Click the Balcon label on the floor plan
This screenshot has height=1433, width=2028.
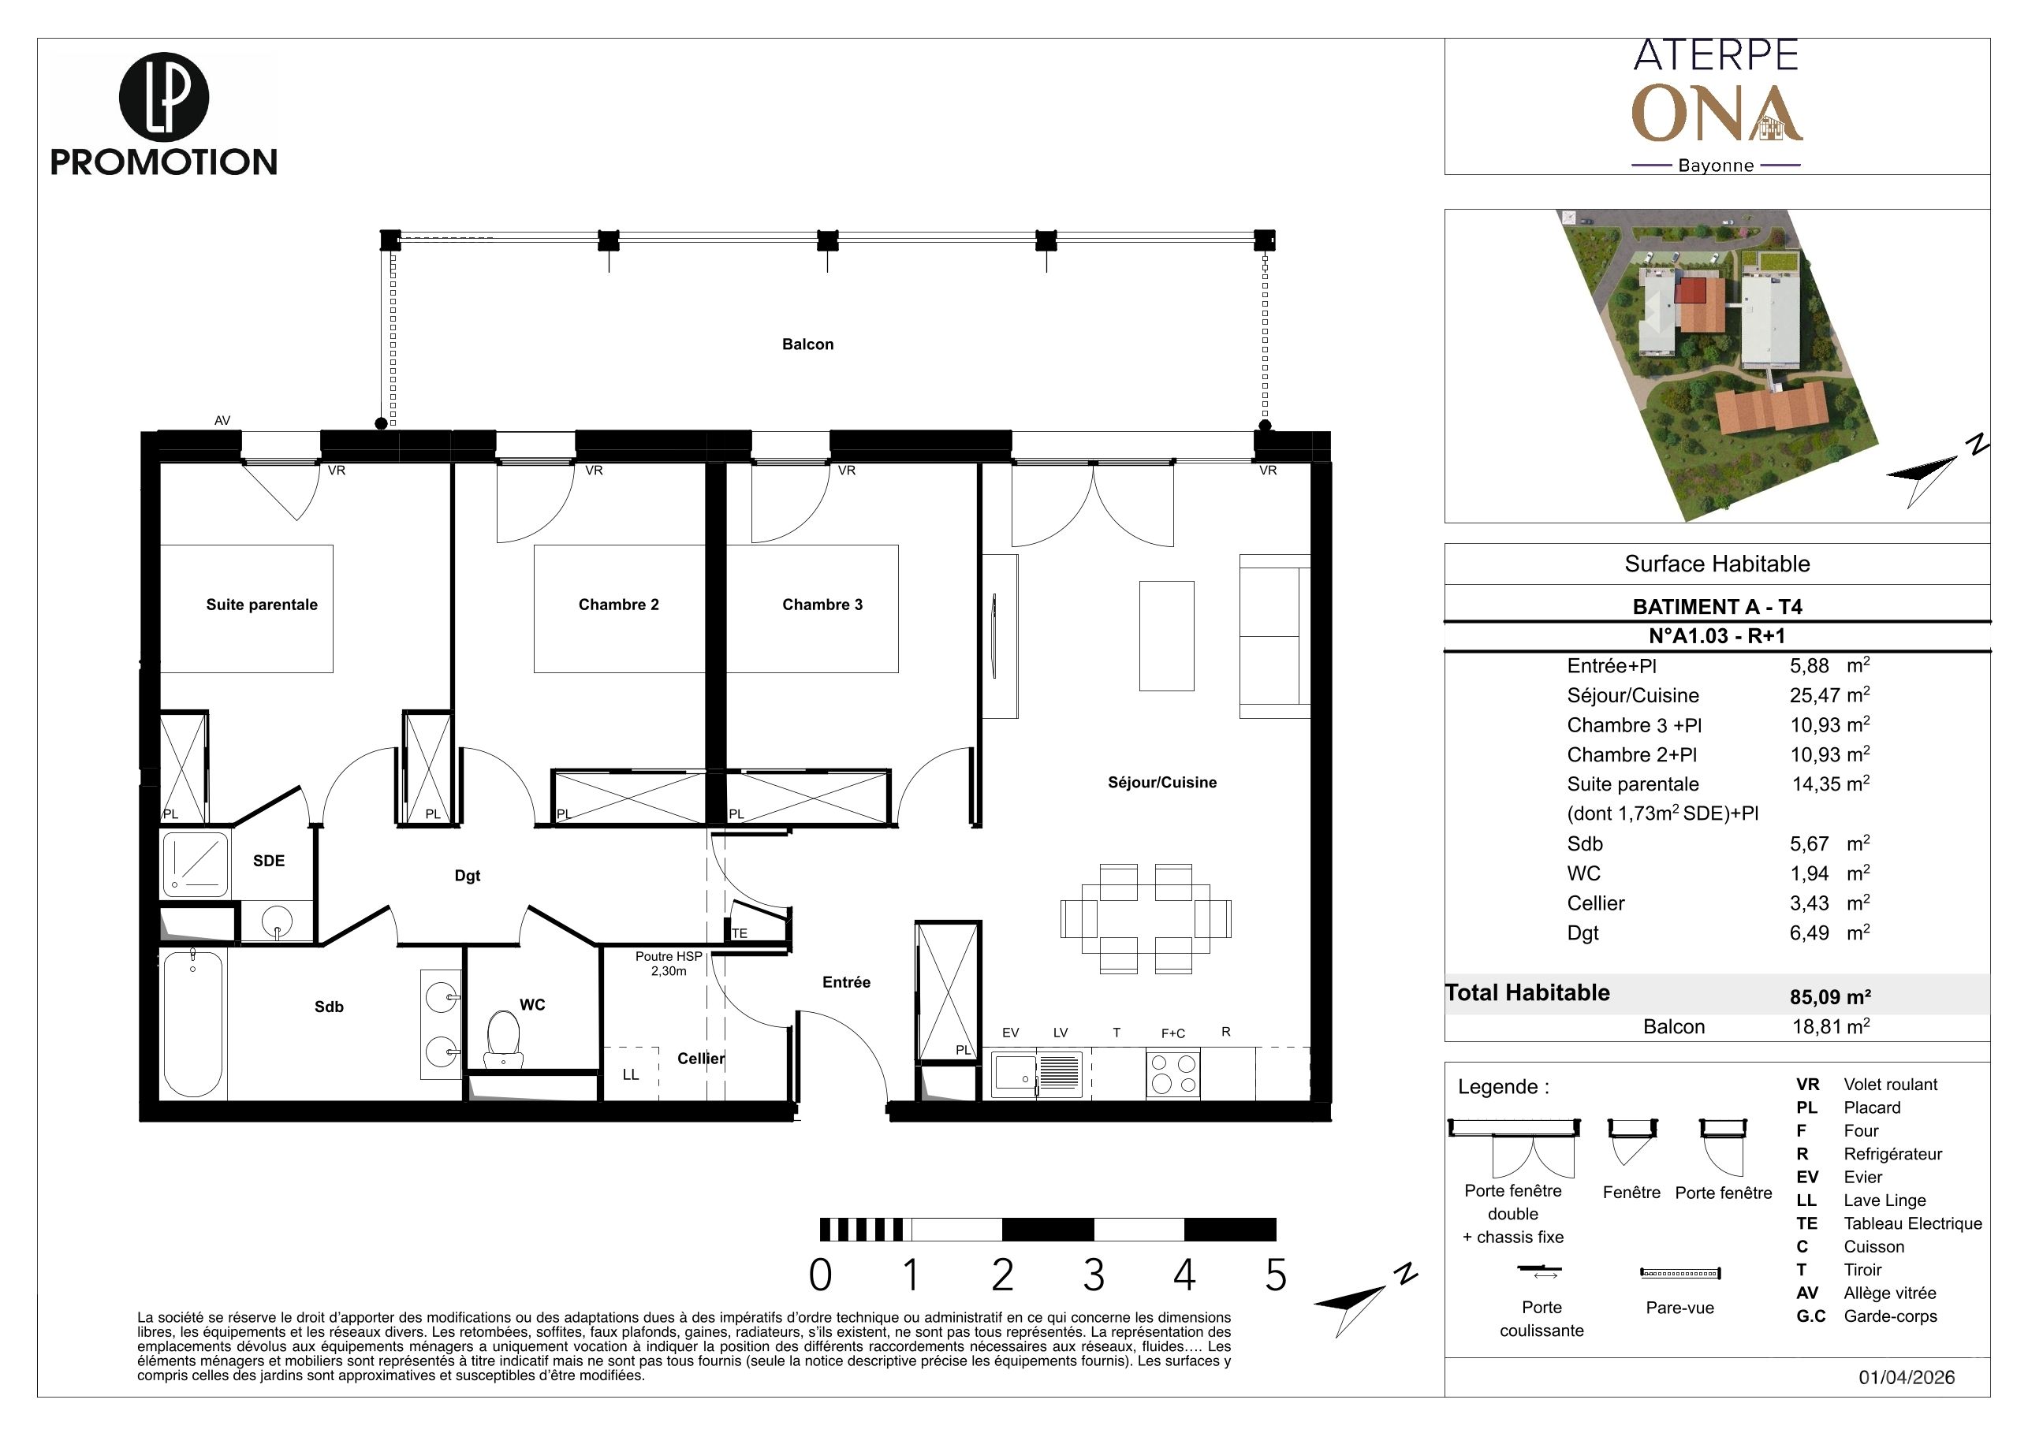[807, 344]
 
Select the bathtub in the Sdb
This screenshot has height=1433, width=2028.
[193, 1024]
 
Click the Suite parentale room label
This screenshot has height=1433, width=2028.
[262, 605]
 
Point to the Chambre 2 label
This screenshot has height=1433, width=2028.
[618, 605]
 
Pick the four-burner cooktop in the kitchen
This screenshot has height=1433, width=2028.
[1173, 1074]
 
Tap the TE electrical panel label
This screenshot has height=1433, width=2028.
[740, 933]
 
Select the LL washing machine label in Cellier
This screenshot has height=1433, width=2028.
[631, 1074]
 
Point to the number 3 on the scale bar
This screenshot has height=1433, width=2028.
[1094, 1275]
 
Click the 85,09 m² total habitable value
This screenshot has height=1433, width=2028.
[1830, 997]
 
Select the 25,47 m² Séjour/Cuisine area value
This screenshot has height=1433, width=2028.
[1830, 695]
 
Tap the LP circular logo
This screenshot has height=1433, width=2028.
[163, 98]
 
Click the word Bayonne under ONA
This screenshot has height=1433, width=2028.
[1715, 165]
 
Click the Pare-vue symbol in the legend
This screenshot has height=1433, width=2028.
[1681, 1273]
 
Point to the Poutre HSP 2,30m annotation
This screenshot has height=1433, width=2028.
[669, 963]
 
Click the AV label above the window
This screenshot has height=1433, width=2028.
[222, 420]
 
